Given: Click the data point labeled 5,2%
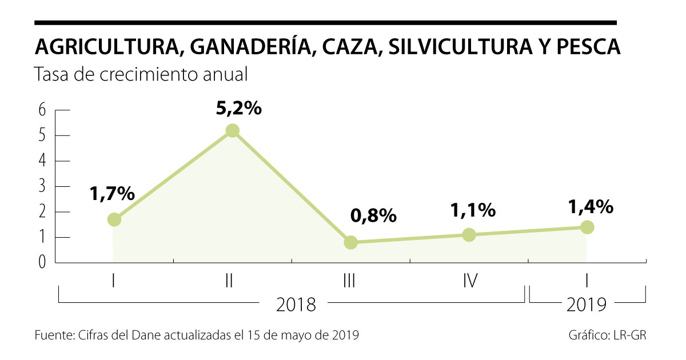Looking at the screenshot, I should (232, 131).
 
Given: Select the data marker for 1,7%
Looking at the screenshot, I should (114, 219).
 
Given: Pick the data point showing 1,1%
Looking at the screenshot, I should (469, 235).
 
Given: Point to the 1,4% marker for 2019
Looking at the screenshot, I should (587, 227).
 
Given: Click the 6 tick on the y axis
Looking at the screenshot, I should (42, 110).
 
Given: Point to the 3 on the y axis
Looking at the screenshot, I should (42, 187).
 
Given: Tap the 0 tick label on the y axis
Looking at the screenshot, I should (42, 263).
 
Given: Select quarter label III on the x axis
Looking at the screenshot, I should (350, 281).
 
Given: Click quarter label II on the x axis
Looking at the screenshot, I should (229, 281).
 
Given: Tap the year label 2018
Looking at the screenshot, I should (296, 305).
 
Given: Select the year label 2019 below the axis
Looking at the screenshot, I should (587, 305).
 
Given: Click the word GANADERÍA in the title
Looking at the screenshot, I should (251, 47).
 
